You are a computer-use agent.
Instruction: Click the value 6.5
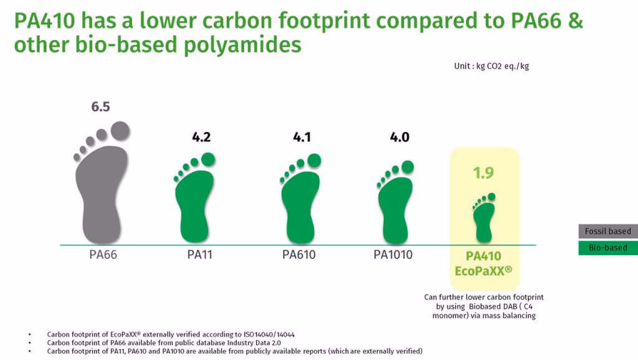click(100, 107)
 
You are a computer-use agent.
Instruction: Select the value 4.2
click(201, 137)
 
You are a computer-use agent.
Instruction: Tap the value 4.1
click(302, 137)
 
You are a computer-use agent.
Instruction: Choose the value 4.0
click(399, 137)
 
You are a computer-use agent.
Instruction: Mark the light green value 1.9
click(483, 173)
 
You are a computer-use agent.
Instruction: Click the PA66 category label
click(103, 255)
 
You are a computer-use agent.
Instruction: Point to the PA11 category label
click(199, 255)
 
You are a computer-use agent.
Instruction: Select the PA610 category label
click(298, 255)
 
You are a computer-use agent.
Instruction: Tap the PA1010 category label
click(393, 255)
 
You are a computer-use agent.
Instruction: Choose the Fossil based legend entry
click(608, 231)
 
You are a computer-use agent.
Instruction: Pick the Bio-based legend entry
click(608, 248)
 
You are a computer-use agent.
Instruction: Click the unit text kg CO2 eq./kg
click(503, 66)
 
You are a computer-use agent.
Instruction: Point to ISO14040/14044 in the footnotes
click(269, 334)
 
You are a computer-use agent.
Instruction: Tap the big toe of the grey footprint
click(120, 131)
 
